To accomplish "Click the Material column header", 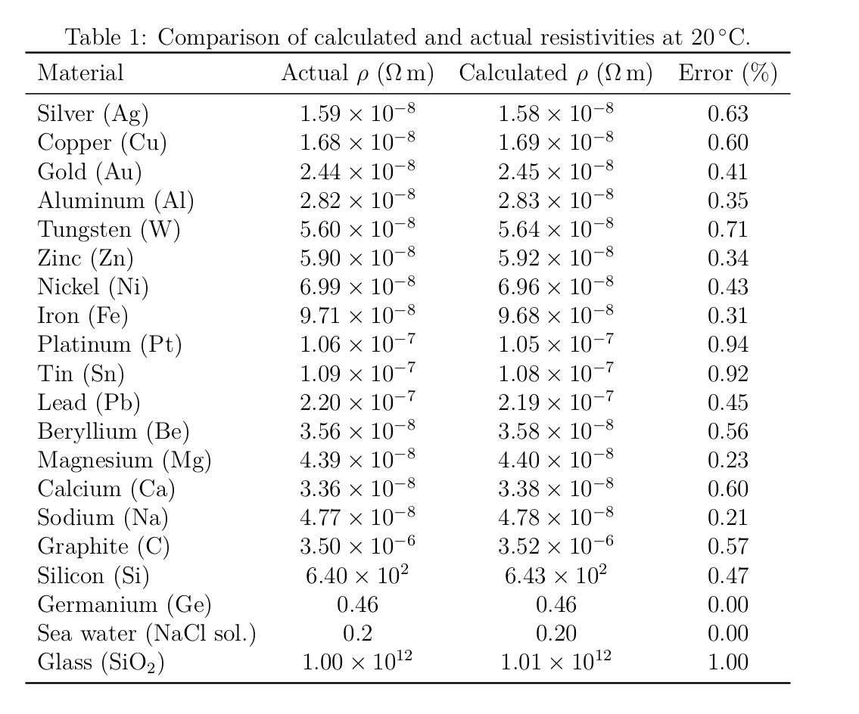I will (80, 73).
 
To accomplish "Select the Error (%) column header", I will (727, 73).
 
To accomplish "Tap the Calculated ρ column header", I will (556, 73).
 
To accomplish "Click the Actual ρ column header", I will (357, 73).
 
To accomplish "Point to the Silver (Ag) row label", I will (93, 114).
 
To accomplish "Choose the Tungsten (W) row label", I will (109, 229).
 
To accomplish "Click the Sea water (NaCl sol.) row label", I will (147, 633).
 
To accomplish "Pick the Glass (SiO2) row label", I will (101, 663).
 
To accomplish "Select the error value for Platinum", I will (727, 345).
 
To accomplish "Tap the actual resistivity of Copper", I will (357, 142).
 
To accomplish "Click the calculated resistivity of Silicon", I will (556, 575).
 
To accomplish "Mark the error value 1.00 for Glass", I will (727, 663).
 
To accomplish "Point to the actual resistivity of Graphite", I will (357, 546).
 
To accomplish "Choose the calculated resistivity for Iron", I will (556, 315).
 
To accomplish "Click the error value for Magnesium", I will (727, 460).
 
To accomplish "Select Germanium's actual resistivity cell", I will (357, 604).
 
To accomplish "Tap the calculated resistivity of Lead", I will (556, 402).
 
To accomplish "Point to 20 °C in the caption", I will (719, 36).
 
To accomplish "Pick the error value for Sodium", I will (727, 517).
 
